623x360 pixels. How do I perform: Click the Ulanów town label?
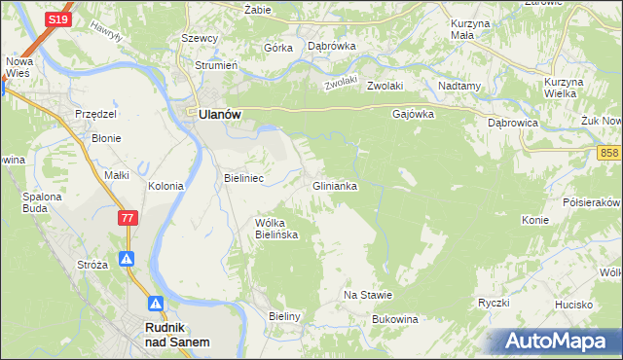point(219,114)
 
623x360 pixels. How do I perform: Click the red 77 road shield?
point(128,219)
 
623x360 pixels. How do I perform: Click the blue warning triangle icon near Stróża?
point(128,260)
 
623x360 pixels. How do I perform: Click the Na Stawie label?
point(368,295)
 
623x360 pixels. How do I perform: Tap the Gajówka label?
point(413,114)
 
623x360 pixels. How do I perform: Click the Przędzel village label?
point(96,114)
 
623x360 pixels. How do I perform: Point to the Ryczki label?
point(495,303)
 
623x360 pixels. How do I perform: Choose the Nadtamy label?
point(460,86)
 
